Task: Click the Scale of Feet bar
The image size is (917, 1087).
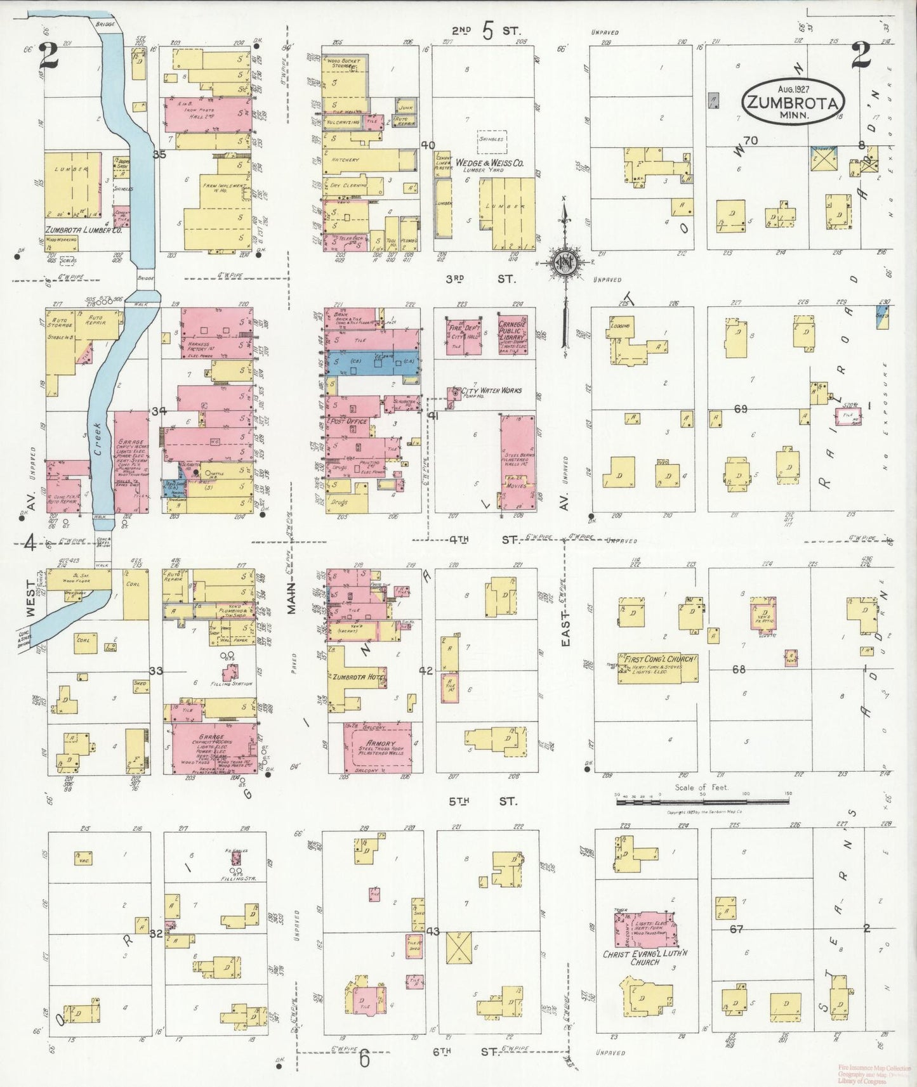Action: (703, 802)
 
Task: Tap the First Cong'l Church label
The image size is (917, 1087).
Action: (660, 659)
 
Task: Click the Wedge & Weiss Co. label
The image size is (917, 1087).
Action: (489, 163)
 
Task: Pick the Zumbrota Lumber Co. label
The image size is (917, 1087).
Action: (83, 230)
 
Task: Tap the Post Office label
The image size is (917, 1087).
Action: (346, 421)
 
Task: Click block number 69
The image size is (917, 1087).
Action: (740, 409)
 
